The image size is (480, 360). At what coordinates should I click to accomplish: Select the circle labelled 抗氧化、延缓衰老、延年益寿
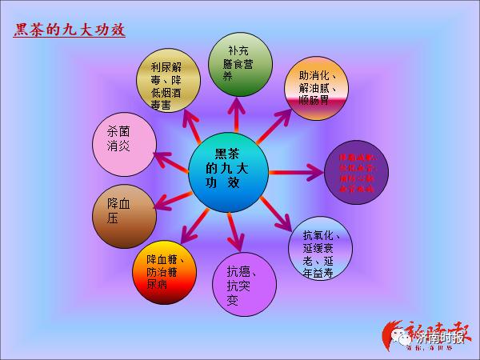(324, 246)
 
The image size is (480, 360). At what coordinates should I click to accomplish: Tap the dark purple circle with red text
(357, 170)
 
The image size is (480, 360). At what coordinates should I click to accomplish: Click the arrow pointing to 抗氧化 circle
(280, 212)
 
